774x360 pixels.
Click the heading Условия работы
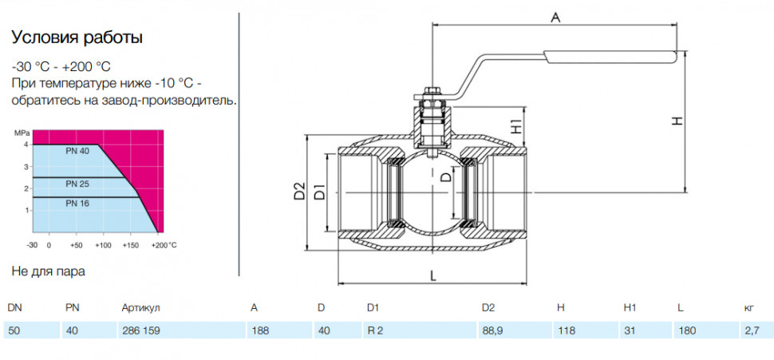tap(77, 38)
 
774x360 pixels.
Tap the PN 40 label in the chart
tap(77, 152)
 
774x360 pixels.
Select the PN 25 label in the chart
tap(77, 184)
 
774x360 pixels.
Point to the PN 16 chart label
tap(77, 203)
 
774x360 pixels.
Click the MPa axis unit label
tap(22, 133)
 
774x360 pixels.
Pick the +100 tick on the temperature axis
tap(103, 245)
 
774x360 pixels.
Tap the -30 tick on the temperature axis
tap(32, 245)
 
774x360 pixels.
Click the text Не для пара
tap(48, 271)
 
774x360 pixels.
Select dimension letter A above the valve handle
tap(556, 18)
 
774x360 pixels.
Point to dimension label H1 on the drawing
tap(516, 127)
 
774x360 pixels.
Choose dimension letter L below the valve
tap(433, 276)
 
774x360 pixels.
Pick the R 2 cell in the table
tap(375, 330)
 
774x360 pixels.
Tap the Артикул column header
tap(140, 308)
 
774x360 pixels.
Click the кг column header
tap(748, 308)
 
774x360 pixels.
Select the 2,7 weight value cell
tap(752, 330)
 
